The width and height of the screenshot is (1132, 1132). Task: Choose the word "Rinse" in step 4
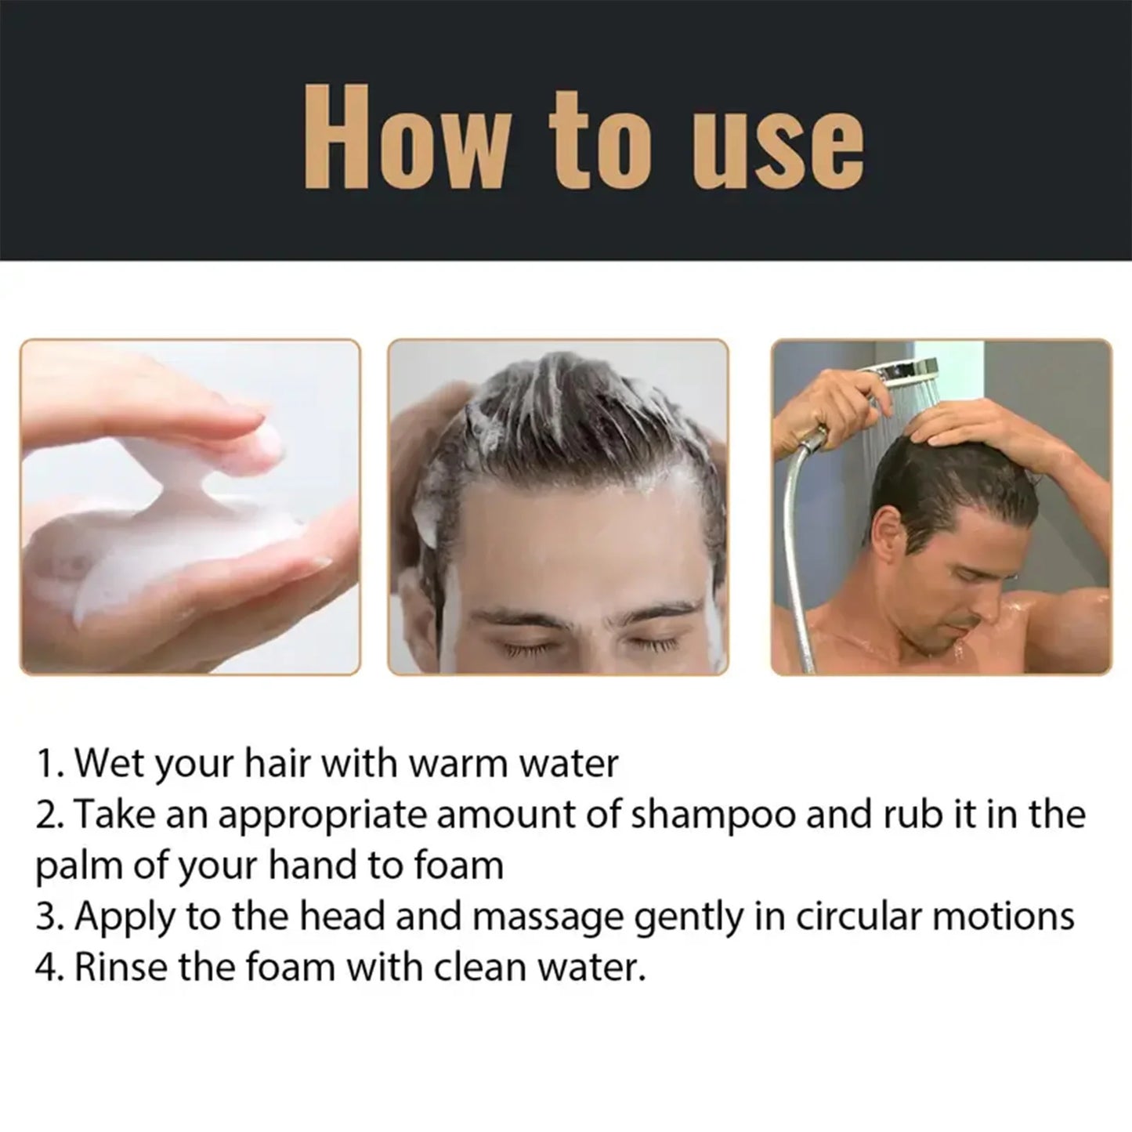pyautogui.click(x=121, y=967)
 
